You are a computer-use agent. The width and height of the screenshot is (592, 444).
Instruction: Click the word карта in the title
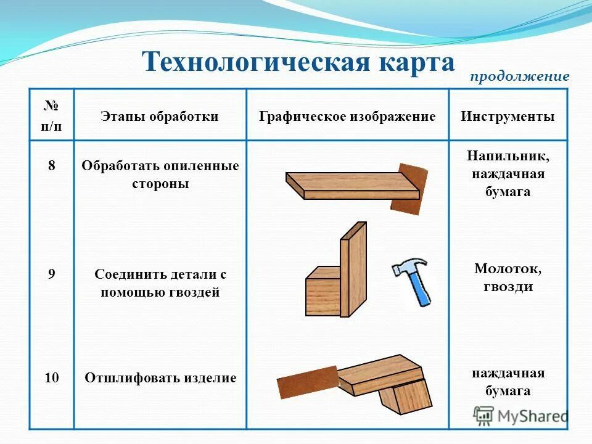[411, 62]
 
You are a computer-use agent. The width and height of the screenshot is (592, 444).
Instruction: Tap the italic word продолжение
[519, 77]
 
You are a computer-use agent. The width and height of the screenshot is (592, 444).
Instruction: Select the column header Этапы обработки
[160, 117]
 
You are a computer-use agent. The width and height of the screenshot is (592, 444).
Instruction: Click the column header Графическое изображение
[347, 117]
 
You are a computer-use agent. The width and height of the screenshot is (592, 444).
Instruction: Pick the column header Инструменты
[508, 117]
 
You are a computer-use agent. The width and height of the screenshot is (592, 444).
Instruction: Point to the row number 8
[52, 166]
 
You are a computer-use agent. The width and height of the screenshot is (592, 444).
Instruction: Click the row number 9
[52, 274]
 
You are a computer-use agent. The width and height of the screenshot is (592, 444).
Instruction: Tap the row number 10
[52, 378]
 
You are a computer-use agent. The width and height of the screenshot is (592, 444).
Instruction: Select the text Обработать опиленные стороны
[160, 175]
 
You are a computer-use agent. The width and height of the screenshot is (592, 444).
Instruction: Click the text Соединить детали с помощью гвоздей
[160, 283]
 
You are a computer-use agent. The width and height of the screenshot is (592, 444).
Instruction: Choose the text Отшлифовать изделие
[160, 378]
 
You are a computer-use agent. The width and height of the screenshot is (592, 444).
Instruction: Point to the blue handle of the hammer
[421, 290]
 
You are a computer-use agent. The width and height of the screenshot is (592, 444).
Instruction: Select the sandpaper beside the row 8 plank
[409, 189]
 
